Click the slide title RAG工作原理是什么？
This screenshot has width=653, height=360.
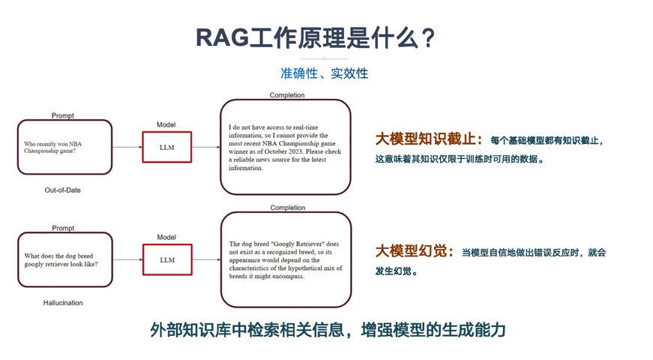[x=316, y=38]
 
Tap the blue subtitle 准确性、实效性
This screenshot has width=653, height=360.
[x=324, y=73]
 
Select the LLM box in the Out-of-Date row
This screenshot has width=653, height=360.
[x=167, y=147]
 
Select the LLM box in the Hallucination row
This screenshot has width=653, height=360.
[x=167, y=259]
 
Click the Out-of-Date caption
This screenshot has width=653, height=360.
[x=62, y=190]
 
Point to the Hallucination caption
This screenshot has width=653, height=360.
[x=63, y=302]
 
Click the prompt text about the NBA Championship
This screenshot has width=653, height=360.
[x=53, y=147]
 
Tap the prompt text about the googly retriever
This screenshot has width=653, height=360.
[x=61, y=260]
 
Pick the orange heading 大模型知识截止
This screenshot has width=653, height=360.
[x=426, y=139]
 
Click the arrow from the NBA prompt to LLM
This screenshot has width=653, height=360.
[x=127, y=147]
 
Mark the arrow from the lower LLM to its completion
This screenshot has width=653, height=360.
[x=207, y=259]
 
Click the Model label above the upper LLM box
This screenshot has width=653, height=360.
[x=166, y=124]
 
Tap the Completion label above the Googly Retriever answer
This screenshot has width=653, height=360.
[x=288, y=208]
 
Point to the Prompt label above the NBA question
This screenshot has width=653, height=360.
[x=62, y=115]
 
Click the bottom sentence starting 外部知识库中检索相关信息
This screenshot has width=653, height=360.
[x=328, y=329]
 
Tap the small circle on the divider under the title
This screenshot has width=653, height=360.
[x=325, y=58]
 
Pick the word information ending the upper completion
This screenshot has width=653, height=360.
[x=246, y=168]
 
